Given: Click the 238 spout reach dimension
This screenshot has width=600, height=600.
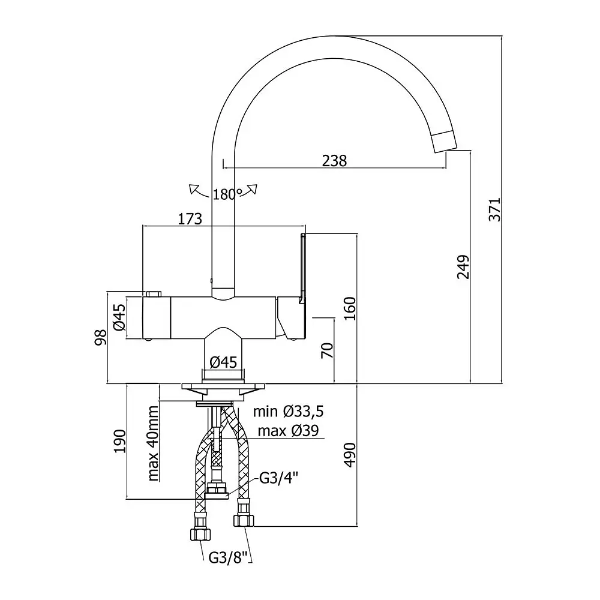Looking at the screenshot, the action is coord(334,161).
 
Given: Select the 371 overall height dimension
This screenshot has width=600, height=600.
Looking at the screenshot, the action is coord(495,209).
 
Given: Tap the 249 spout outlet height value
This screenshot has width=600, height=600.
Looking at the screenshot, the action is coord(463,267).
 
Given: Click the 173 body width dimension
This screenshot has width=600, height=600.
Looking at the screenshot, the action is coord(190,219).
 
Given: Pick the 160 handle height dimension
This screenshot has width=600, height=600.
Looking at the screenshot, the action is coord(350,308).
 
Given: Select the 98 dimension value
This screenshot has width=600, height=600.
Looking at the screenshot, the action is coord(101,337).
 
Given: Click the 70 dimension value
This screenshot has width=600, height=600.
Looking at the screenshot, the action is coord(327,350).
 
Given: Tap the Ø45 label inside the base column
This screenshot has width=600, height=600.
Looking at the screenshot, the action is coord(223,362).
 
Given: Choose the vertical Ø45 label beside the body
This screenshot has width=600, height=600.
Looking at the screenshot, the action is coord(119,317).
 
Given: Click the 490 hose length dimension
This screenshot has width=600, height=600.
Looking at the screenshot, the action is coord(350,455).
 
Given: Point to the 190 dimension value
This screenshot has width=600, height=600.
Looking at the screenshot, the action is coord(120,441).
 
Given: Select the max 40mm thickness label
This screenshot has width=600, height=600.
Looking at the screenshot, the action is coord(152,443).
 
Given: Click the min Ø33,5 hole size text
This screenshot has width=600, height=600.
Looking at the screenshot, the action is coord(288,412).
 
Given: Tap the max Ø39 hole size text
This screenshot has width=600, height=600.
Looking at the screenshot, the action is coord(288,431).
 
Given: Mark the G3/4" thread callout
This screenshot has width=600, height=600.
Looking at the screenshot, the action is coord(278,478).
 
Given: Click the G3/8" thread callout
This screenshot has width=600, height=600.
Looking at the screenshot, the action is coord(229,557).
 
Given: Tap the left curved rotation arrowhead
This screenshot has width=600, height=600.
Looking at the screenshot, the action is coord(194,190).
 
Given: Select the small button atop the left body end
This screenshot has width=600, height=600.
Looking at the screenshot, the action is coord(154,294).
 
